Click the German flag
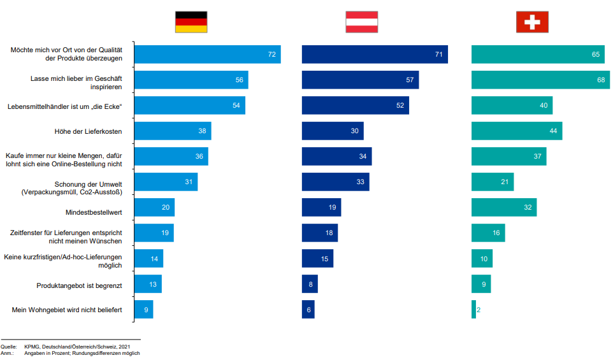[x=191, y=22]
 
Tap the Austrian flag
[x=361, y=22]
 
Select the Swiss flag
[x=532, y=22]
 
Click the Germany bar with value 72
[x=207, y=55]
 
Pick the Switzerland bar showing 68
[x=540, y=80]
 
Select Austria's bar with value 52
[x=355, y=106]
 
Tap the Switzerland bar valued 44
[x=517, y=131]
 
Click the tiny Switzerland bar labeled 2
[x=473, y=310]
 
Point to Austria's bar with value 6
[x=308, y=310]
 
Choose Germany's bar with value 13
[x=148, y=284]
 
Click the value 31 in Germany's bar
[x=189, y=182]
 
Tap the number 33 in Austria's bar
[x=360, y=182]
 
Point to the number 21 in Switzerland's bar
[x=505, y=182]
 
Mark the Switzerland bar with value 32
[x=504, y=208]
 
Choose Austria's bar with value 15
[x=317, y=259]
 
